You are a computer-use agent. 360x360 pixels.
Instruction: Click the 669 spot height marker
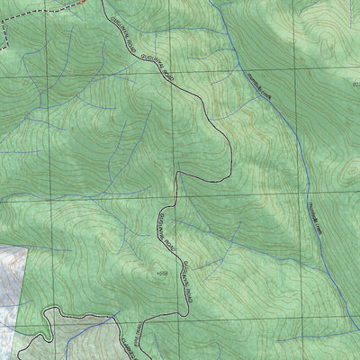click(162, 272)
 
